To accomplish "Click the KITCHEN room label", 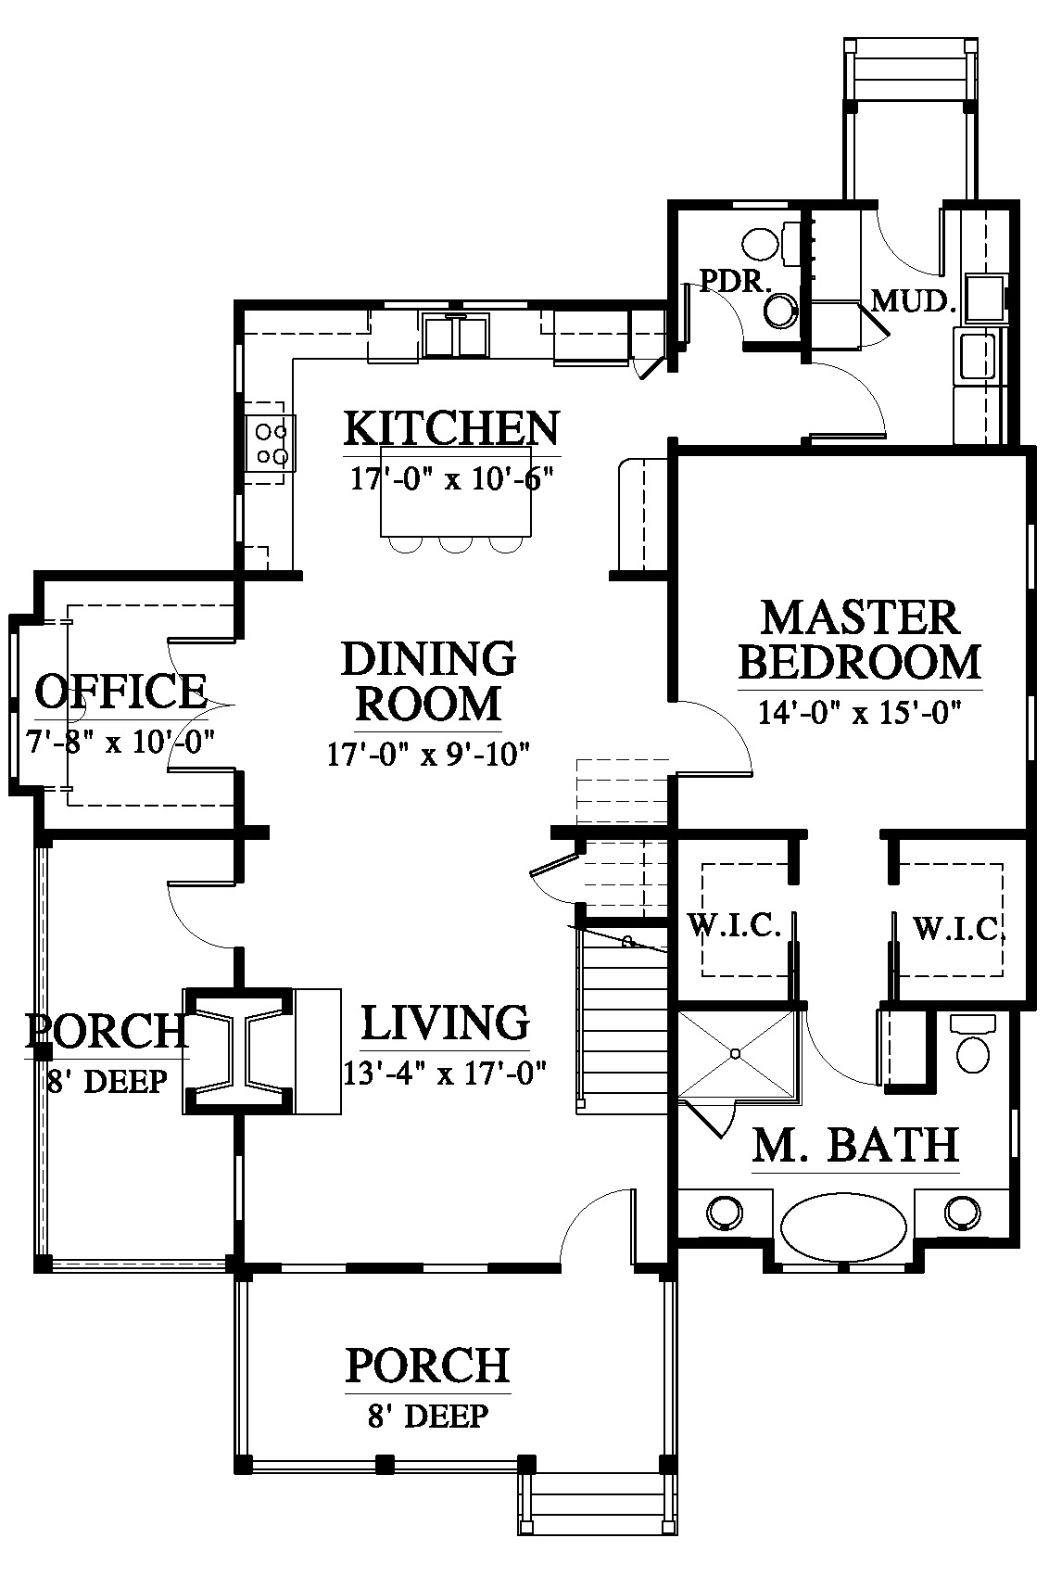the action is point(451,428).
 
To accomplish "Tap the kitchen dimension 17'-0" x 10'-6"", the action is point(451,479).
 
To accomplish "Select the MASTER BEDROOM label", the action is point(860,640).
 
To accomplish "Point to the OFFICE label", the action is point(120,692).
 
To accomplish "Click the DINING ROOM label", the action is point(429,680).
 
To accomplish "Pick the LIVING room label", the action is point(445,1023).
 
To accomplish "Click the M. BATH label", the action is point(855,1145).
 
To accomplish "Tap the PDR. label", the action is point(736,282).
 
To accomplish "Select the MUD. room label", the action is point(914,301).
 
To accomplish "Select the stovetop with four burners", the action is point(271,443).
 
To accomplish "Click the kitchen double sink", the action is point(456,334).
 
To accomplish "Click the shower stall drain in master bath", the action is point(735,1053).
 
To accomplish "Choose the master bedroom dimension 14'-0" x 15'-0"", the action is point(860,713).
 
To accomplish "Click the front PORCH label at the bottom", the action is point(427,1366).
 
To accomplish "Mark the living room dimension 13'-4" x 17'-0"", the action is point(445,1074).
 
